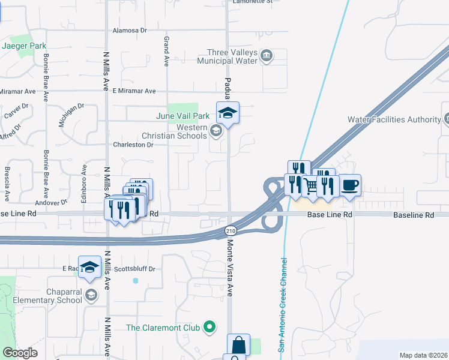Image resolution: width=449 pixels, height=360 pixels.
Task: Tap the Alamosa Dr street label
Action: tap(130, 30)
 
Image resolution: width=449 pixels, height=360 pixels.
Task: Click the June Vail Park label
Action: tap(182, 116)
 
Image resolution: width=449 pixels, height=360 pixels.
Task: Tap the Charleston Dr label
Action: tap(133, 145)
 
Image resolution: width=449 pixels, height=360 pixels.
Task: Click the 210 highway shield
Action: tap(231, 230)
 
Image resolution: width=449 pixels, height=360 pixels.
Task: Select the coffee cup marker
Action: tap(350, 185)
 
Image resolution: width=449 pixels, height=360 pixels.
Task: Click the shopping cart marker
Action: tap(310, 187)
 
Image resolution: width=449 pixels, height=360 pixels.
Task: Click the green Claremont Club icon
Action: tap(209, 327)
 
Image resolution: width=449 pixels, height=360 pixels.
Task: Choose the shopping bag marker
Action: tap(238, 345)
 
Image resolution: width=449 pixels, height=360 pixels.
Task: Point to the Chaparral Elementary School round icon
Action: tap(91, 294)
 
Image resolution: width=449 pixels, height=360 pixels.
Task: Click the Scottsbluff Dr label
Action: tap(134, 269)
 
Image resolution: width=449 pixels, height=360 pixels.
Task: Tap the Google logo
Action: tap(19, 353)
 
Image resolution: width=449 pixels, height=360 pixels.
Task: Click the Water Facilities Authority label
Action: tap(394, 119)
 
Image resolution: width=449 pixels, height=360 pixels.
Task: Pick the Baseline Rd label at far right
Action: tap(413, 215)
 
